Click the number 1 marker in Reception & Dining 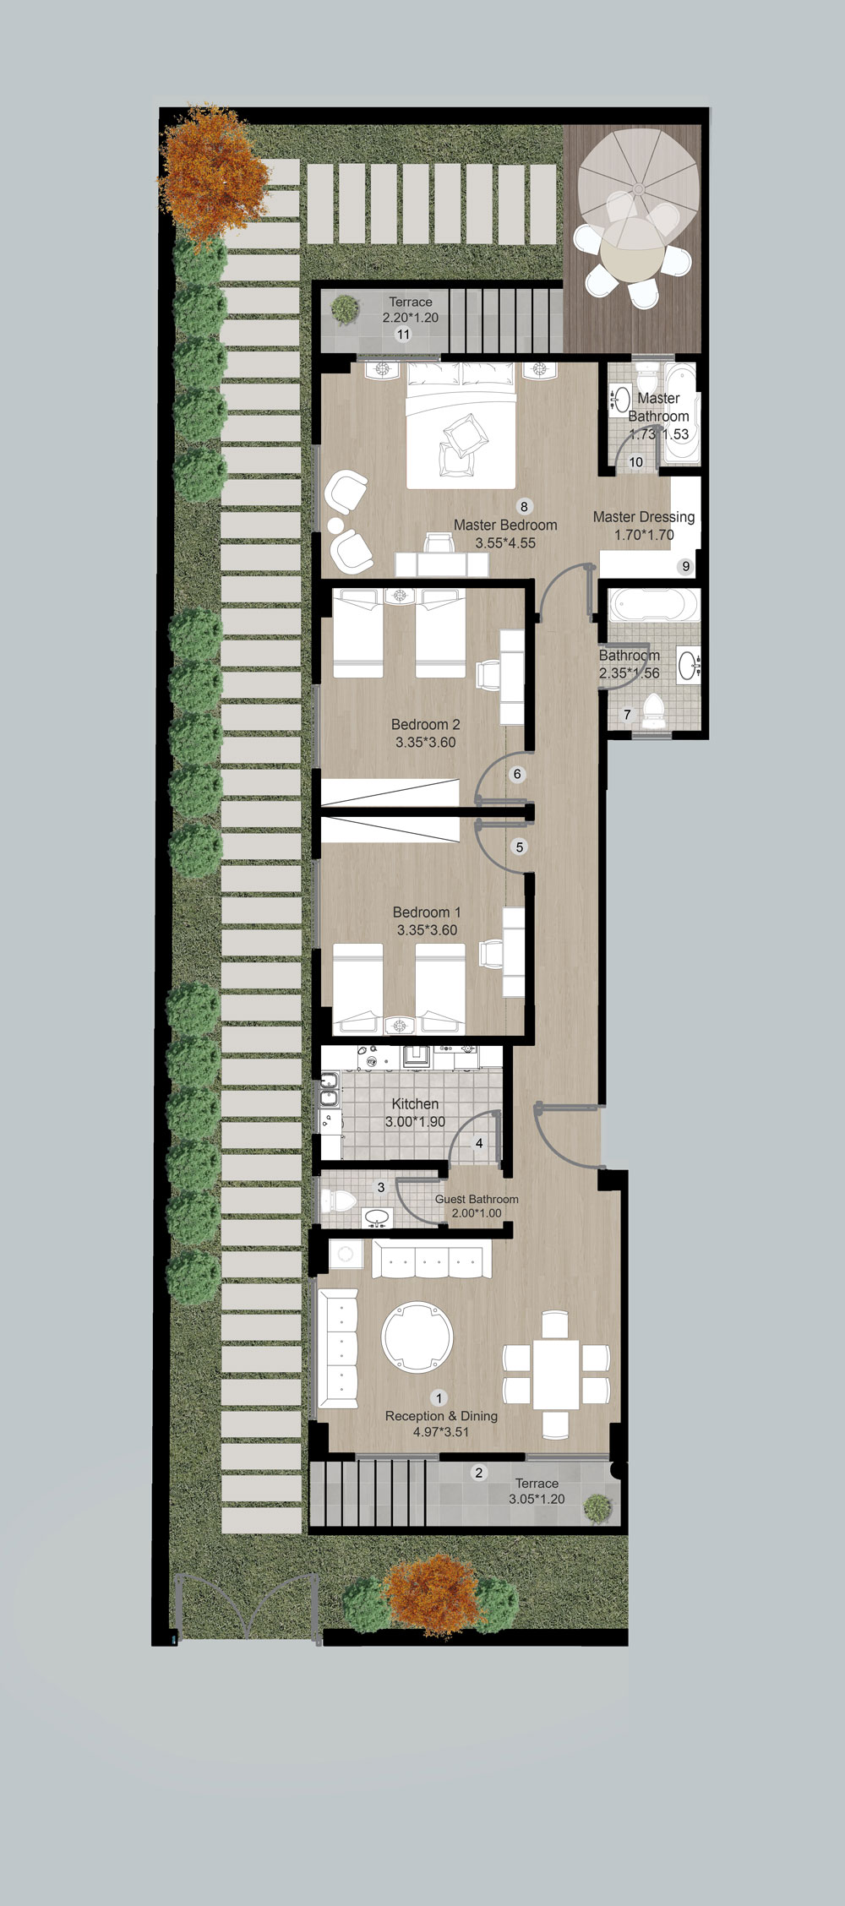(439, 1398)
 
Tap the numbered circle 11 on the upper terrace (403, 335)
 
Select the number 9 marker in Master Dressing (685, 567)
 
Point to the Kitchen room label (415, 1104)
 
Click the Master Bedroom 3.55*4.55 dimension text (505, 543)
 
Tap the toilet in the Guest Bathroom (341, 1201)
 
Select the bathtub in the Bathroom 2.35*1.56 (655, 606)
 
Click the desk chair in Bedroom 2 (488, 676)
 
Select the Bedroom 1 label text (427, 912)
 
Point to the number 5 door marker (520, 847)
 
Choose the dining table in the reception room (556, 1374)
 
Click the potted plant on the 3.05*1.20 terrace (597, 1507)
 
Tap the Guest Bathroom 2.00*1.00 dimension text (477, 1213)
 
